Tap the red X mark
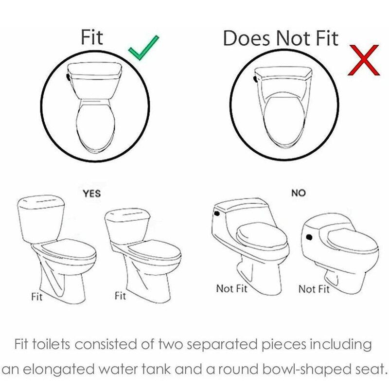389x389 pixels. click(363, 60)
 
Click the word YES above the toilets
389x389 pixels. click(92, 194)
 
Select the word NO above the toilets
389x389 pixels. click(299, 193)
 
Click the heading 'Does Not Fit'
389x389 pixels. click(281, 38)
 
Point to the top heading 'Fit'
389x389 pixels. click(92, 37)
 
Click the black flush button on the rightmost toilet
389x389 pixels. click(309, 237)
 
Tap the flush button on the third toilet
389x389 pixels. click(217, 213)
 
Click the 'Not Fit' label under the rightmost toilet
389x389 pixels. click(314, 289)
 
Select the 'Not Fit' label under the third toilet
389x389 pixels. click(232, 288)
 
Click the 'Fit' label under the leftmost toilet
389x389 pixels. click(37, 297)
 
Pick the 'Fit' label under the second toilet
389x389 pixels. click(120, 296)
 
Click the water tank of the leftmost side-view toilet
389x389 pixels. click(41, 219)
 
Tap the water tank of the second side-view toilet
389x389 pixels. click(127, 227)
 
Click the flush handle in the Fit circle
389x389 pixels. click(68, 77)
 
